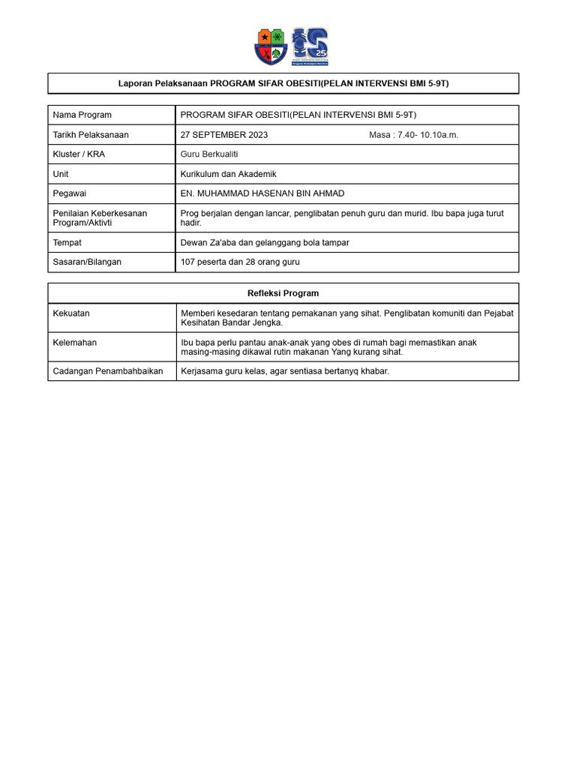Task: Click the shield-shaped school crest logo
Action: click(x=271, y=46)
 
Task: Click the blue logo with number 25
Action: click(x=309, y=46)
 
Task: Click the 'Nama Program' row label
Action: click(x=82, y=115)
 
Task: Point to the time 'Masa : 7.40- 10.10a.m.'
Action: click(x=413, y=135)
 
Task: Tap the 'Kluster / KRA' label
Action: click(x=79, y=154)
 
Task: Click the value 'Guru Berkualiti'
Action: click(x=209, y=154)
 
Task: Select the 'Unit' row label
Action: click(x=61, y=174)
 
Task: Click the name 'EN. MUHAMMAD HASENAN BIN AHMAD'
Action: click(x=262, y=193)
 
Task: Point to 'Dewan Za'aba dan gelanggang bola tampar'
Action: click(x=265, y=243)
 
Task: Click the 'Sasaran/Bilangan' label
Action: click(x=87, y=262)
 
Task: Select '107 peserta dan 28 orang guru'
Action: click(x=240, y=262)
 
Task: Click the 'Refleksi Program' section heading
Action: click(x=283, y=293)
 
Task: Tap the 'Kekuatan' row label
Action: click(x=71, y=313)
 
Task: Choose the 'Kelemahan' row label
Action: click(x=74, y=342)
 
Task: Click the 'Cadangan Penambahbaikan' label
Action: click(x=107, y=371)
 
